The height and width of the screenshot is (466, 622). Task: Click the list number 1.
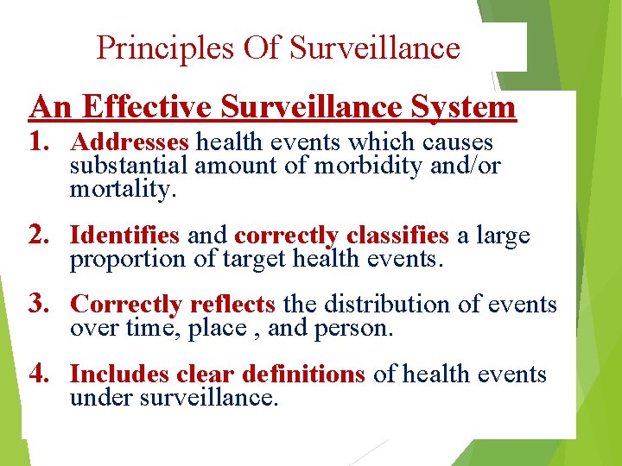coord(40,142)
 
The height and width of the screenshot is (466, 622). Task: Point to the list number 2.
coord(40,235)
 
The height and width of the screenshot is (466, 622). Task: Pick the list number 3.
coord(40,304)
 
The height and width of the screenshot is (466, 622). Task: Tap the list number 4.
coord(40,374)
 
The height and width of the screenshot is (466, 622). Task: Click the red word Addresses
coord(130,142)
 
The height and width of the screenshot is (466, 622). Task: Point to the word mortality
coord(123,189)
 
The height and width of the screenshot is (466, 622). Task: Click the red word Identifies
coord(124,235)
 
